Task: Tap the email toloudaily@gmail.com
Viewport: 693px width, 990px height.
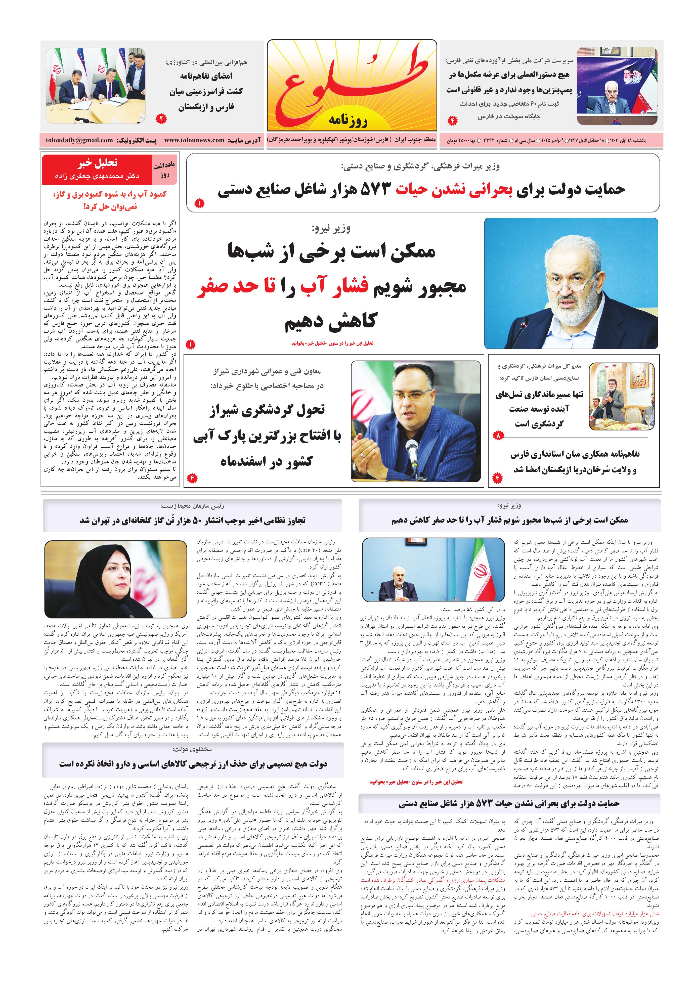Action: (79, 140)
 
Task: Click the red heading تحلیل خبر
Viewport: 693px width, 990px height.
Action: (98, 163)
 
